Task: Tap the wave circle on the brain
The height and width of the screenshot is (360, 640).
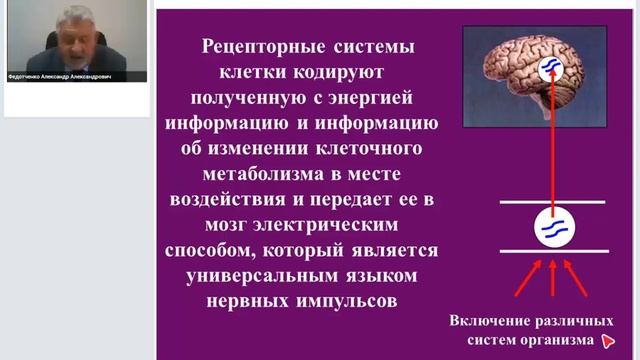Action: pos(548,69)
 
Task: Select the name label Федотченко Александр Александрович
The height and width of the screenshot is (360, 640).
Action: pos(75,75)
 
